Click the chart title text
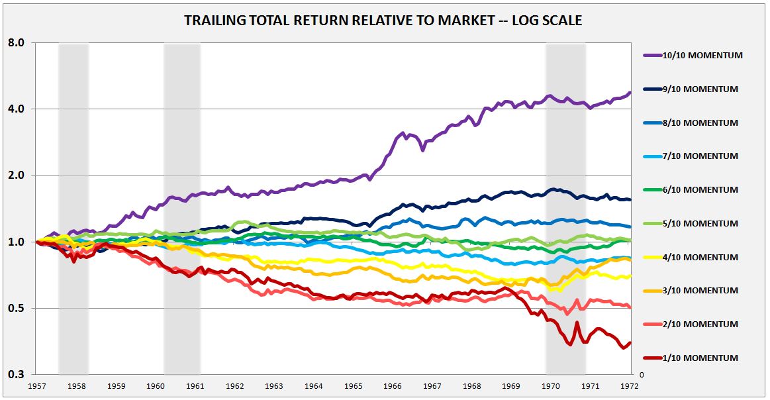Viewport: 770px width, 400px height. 383,21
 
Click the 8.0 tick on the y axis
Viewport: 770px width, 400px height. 16,43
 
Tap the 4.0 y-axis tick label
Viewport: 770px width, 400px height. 16,109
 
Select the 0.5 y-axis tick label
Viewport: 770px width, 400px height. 16,309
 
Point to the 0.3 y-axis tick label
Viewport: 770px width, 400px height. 16,375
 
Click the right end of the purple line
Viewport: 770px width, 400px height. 629,93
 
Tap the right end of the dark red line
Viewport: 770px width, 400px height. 629,342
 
